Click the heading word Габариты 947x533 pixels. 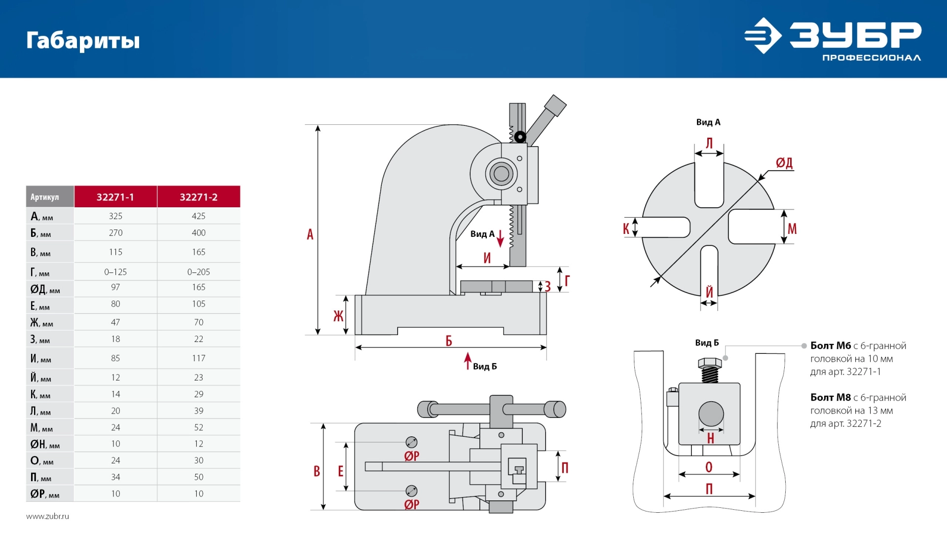tap(83, 40)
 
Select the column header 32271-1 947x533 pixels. tap(115, 197)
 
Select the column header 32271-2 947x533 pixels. tap(198, 197)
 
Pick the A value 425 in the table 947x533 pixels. tap(198, 216)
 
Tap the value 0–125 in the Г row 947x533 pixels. tap(115, 272)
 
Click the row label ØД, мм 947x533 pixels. tap(45, 289)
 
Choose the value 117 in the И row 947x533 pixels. tap(198, 358)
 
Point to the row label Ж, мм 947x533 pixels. tap(41, 323)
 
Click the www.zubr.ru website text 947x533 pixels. tap(47, 516)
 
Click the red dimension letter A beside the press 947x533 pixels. tap(310, 234)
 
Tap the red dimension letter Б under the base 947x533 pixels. tap(449, 341)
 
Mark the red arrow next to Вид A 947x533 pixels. tap(500, 238)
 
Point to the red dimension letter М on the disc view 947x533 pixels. tap(792, 228)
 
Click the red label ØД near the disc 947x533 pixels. tap(784, 163)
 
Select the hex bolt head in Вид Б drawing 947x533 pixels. tap(710, 364)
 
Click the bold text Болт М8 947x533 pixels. tap(831, 397)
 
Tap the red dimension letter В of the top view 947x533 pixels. tap(317, 471)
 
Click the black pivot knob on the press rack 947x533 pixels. tap(520, 136)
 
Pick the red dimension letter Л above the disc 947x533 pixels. tap(709, 143)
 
